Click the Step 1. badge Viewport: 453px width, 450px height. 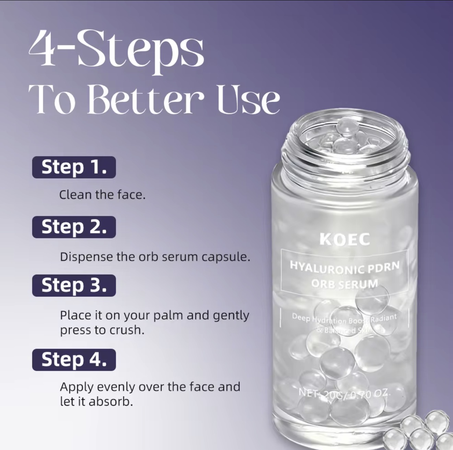[74, 168]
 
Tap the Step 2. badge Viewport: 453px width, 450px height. [74, 227]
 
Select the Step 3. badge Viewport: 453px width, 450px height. [74, 286]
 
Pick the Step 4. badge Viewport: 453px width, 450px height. [74, 360]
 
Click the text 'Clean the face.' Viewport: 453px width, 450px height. [102, 195]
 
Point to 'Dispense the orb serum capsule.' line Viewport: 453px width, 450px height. [155, 257]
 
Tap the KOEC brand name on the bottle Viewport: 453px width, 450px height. [345, 239]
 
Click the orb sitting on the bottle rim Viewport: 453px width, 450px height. [347, 126]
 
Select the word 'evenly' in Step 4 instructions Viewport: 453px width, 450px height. [116, 387]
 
